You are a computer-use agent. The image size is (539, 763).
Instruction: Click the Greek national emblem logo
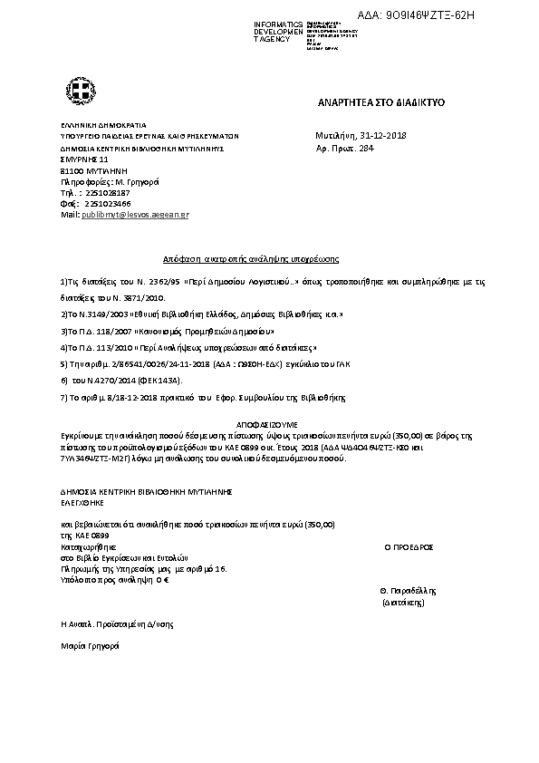coord(76,91)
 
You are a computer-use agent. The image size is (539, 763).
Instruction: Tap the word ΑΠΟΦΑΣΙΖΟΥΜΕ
coord(269,423)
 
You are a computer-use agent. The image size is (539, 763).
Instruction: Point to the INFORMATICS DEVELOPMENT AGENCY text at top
coord(258,31)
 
